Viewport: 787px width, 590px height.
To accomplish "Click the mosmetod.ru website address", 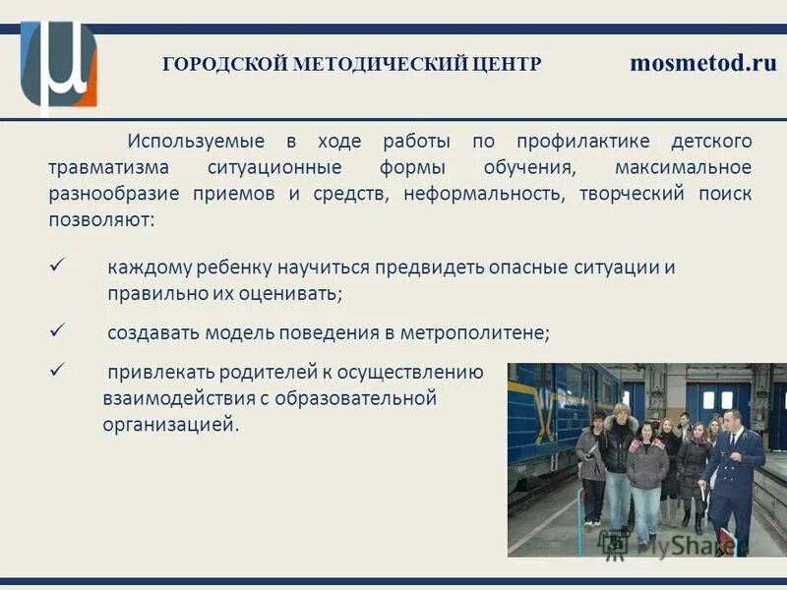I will (702, 64).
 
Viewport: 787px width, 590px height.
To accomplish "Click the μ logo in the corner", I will (60, 64).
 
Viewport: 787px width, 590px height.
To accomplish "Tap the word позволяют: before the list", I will (101, 219).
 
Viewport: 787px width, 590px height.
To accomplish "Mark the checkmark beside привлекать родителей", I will (56, 371).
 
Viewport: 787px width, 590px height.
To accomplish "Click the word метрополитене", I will (473, 332).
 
